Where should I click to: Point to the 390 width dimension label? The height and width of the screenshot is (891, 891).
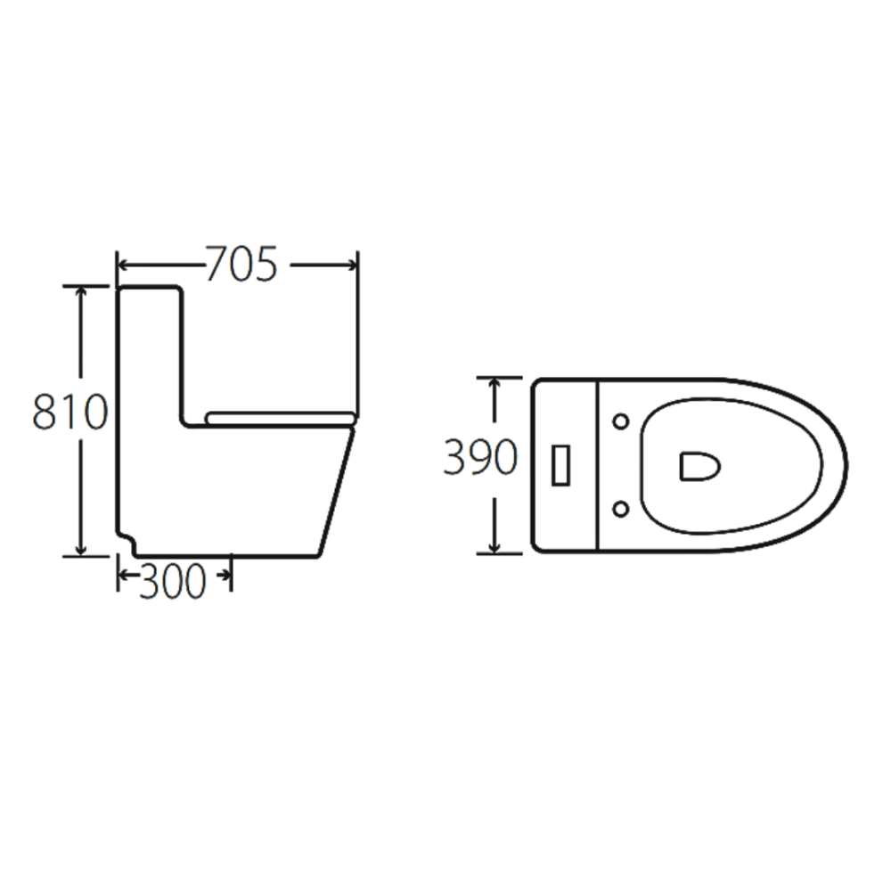tap(480, 459)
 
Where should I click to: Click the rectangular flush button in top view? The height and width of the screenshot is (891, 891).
tap(561, 464)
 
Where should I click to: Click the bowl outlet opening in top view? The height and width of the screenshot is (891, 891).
tap(699, 465)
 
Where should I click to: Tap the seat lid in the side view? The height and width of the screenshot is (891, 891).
tap(281, 415)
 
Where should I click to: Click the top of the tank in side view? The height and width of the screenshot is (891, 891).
tap(150, 287)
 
